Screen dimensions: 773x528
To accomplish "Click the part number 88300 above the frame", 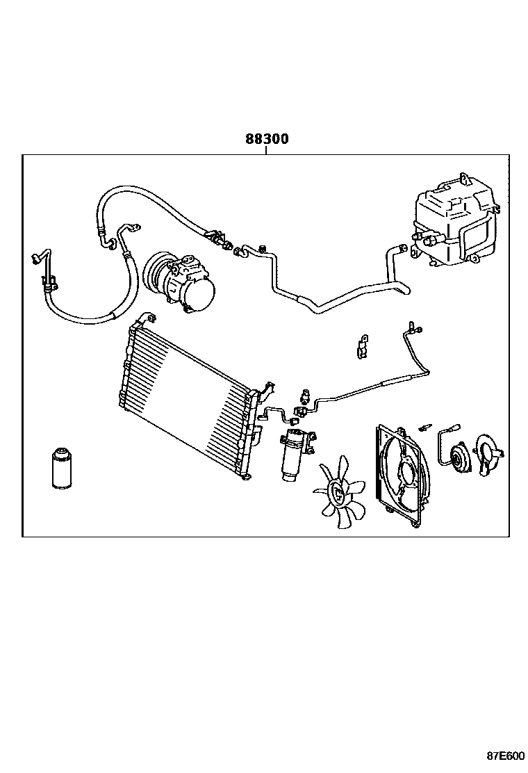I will click(266, 139).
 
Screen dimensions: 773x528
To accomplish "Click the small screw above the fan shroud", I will click(424, 425).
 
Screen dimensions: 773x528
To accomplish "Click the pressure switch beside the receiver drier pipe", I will click(304, 396).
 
